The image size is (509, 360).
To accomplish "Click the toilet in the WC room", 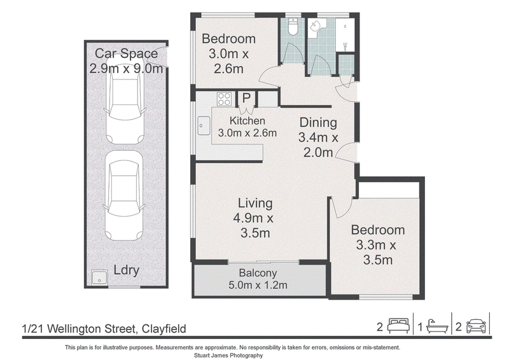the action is click(293, 26).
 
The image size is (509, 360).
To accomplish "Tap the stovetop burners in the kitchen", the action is click(224, 99).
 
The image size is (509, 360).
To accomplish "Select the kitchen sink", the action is click(204, 126).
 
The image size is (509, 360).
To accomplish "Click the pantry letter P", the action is click(246, 98).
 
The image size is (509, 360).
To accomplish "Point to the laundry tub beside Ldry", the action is click(99, 277).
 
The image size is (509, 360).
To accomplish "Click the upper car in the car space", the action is click(125, 101).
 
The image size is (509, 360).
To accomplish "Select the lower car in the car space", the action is click(124, 195).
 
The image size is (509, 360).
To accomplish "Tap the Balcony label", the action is click(258, 273).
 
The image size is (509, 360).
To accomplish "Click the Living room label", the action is click(255, 203).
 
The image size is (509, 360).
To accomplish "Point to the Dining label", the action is click(318, 123).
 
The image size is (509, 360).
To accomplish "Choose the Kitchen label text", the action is click(248, 121).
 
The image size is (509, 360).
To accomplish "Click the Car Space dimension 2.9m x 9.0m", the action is click(126, 69).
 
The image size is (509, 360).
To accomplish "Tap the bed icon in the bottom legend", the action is click(399, 326).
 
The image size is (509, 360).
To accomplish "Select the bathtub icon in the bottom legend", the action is click(437, 326).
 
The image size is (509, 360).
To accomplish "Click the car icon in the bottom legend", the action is click(476, 326).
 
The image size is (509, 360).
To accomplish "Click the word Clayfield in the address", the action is click(164, 329).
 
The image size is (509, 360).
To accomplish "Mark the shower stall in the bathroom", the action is click(344, 35).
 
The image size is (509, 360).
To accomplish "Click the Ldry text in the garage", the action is click(126, 270).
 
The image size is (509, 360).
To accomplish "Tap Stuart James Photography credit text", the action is click(228, 356).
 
